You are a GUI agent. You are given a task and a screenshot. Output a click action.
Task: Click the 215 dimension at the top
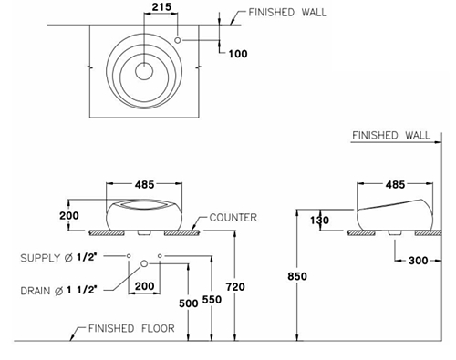pyautogui.click(x=161, y=7)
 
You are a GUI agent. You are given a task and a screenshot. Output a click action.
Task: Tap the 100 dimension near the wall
pyautogui.click(x=238, y=54)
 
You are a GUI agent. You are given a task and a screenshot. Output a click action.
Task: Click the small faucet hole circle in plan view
pyautogui.click(x=178, y=40)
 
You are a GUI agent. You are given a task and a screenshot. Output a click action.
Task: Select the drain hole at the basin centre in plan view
pyautogui.click(x=144, y=71)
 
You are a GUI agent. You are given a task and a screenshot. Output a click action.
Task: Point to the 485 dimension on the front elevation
pyautogui.click(x=145, y=184)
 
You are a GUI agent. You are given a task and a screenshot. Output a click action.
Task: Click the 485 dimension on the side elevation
pyautogui.click(x=395, y=184)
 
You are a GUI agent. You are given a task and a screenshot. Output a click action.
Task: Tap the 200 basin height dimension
pyautogui.click(x=69, y=215)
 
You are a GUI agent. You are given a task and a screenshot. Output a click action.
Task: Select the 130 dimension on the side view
pyautogui.click(x=319, y=220)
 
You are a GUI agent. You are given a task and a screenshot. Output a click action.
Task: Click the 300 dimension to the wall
pyautogui.click(x=419, y=261)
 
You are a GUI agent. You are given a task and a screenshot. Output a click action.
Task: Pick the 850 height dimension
pyautogui.click(x=297, y=276)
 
